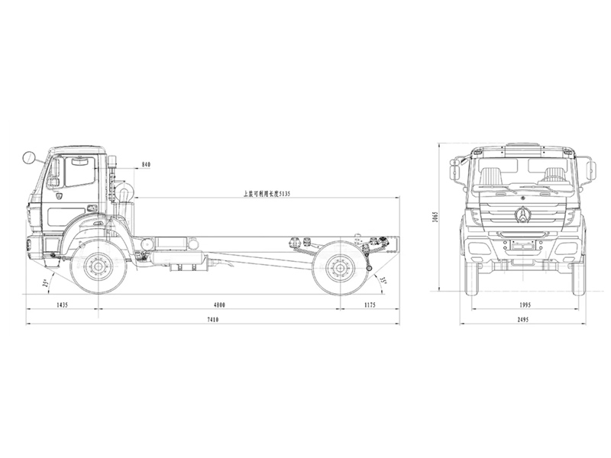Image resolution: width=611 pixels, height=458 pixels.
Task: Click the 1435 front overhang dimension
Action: point(62,305)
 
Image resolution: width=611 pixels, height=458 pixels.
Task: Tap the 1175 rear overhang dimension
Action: point(370,305)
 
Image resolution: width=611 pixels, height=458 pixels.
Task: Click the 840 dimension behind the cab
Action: point(147,165)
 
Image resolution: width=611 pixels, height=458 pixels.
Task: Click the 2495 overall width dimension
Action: point(523,319)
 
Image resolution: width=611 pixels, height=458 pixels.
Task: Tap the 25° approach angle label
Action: point(46,283)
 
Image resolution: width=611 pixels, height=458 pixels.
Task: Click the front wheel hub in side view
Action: point(98,266)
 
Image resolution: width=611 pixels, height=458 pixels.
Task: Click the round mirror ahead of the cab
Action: point(31,159)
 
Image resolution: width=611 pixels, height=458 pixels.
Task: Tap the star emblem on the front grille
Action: point(523,215)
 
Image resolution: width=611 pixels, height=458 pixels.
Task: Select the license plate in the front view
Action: point(523,247)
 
